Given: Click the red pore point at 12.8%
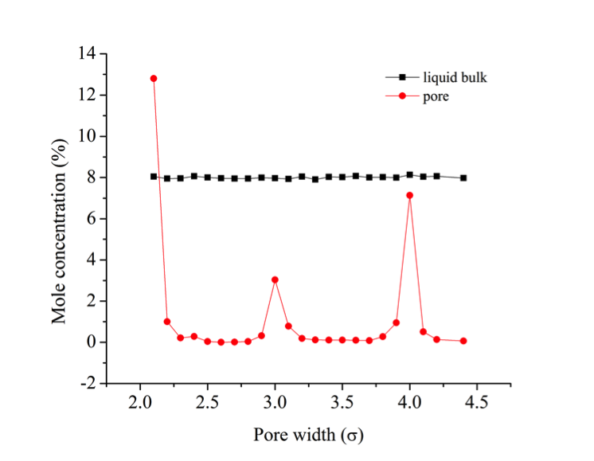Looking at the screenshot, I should click(154, 79).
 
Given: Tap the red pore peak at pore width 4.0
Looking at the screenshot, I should click(409, 195).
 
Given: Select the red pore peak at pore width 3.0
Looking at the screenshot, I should click(275, 279).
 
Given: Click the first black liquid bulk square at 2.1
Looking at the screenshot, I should click(154, 177).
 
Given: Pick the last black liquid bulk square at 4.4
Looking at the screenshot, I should click(463, 178).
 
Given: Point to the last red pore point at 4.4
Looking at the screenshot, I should click(463, 341).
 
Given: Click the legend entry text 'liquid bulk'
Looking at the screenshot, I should click(455, 77).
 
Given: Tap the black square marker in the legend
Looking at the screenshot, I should click(403, 77).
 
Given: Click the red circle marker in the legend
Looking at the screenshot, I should click(403, 96).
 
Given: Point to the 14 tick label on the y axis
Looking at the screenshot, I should click(86, 54).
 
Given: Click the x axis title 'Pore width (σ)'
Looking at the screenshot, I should click(310, 435).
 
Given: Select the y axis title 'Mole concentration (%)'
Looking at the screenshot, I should click(60, 218).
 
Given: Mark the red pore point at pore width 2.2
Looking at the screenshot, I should click(167, 322).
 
